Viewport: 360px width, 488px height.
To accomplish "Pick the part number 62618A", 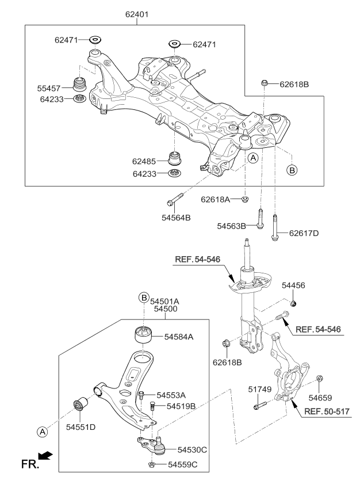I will point(216,199).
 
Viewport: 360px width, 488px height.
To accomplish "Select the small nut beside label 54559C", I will point(151,464).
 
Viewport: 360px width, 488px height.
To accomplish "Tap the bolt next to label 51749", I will point(258,406).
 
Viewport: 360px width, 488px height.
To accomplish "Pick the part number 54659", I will point(319,397).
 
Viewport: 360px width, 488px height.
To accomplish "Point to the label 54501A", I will point(164,300).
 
